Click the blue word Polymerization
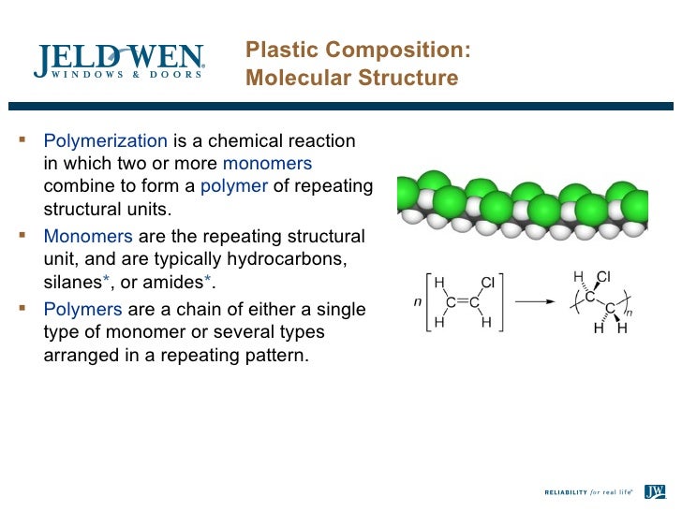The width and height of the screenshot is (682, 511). click(105, 141)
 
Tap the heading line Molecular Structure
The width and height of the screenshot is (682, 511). click(351, 78)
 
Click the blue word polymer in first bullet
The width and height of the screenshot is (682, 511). click(234, 186)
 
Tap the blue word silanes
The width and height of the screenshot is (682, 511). click(74, 282)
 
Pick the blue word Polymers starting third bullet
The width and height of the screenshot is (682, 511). click(82, 310)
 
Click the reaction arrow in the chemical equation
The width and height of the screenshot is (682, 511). click(535, 301)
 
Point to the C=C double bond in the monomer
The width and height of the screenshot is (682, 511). click(463, 301)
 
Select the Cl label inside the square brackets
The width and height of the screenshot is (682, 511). click(487, 283)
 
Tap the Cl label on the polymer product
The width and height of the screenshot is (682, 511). click(603, 276)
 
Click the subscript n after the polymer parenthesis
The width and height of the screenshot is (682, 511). click(630, 313)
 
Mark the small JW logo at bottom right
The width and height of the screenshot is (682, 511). click(654, 489)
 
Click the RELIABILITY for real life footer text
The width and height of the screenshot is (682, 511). click(589, 490)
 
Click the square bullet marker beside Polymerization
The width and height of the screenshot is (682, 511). click(24, 142)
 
